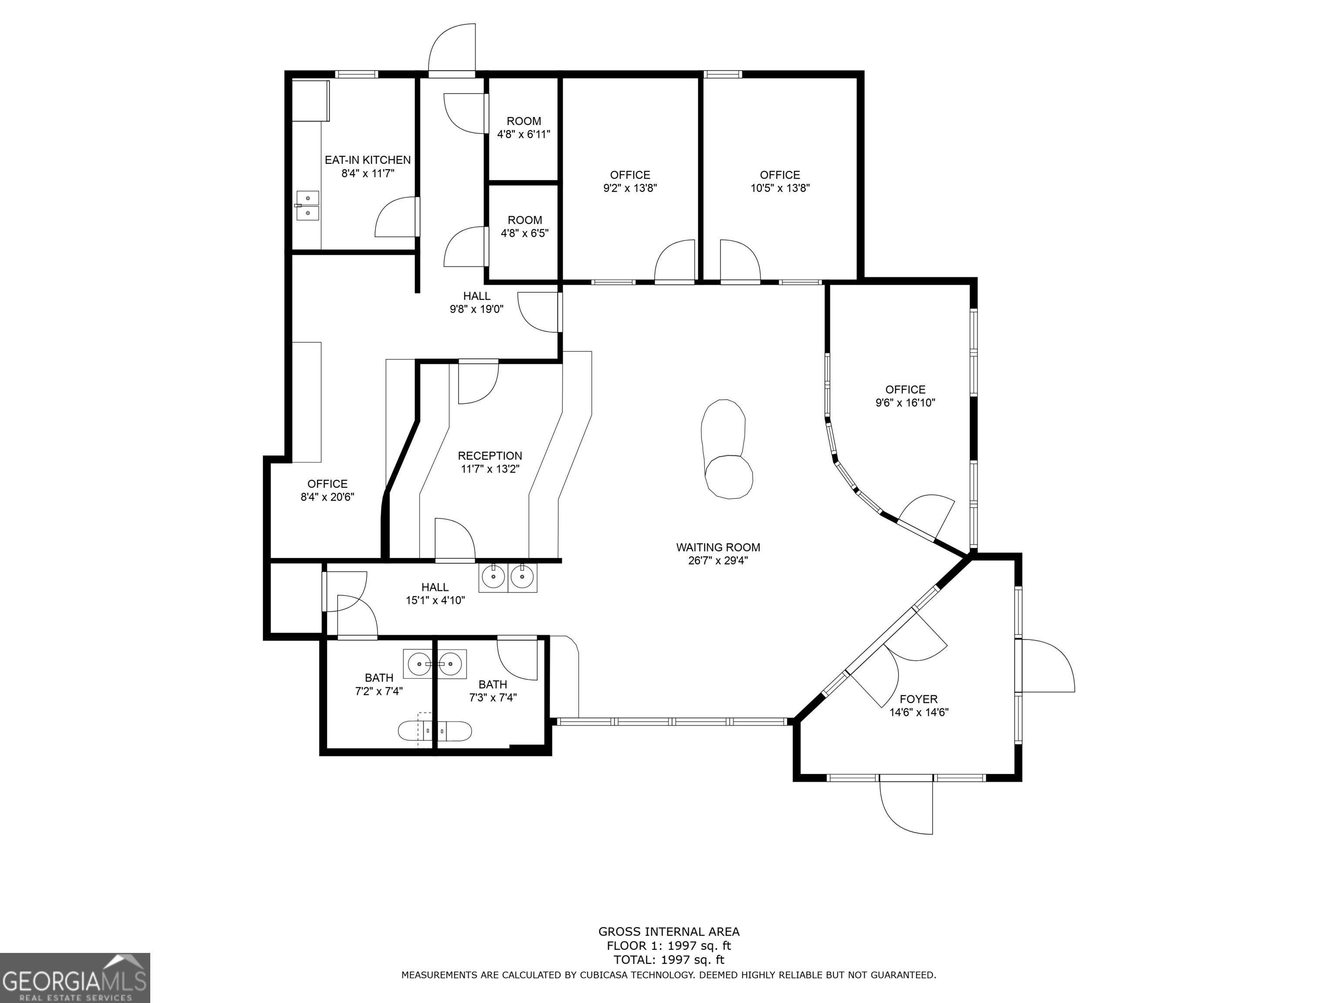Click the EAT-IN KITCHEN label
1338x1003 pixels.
tap(368, 160)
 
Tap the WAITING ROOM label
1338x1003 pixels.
tap(718, 547)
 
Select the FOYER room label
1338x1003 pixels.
tap(919, 699)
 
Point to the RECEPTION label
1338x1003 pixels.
tap(490, 456)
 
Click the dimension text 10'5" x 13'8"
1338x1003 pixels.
tap(780, 188)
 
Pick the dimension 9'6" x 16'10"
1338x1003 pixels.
tap(906, 403)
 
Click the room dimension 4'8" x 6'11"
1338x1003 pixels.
tap(524, 134)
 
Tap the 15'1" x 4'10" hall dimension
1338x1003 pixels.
tap(435, 600)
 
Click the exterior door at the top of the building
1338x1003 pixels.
tap(451, 51)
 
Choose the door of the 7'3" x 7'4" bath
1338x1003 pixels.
tap(517, 658)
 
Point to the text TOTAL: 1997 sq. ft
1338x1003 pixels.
tap(669, 959)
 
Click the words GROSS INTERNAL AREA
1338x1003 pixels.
tap(669, 932)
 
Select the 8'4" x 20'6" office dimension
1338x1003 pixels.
tap(327, 497)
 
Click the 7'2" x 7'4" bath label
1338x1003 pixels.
tap(379, 684)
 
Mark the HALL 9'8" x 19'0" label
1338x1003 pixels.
tap(476, 302)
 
